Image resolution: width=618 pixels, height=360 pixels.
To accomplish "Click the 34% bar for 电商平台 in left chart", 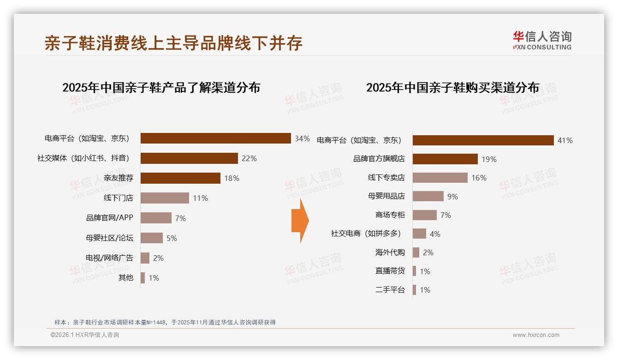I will click(x=215, y=138).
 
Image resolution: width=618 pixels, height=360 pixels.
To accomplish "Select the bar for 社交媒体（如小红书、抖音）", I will click(x=189, y=158).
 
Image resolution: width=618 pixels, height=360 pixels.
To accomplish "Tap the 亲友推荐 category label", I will click(x=119, y=178).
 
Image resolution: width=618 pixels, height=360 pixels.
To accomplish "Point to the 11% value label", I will click(x=200, y=198).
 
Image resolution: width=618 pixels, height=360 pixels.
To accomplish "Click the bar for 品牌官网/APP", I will click(x=156, y=218).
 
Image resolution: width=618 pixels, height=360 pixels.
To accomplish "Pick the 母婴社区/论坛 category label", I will click(x=109, y=238).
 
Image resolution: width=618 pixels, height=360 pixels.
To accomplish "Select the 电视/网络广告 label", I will click(x=109, y=258).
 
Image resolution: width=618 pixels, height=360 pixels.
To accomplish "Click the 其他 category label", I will click(x=125, y=278).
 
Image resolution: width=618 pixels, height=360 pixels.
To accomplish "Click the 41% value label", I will click(x=565, y=140).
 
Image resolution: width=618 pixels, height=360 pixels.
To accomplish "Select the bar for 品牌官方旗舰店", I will click(x=445, y=159).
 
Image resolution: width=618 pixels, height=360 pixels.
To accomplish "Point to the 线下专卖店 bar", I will click(x=440, y=178).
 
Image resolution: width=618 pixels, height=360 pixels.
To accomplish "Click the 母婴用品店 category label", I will click(x=386, y=197).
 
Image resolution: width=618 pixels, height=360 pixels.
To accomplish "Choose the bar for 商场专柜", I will click(x=424, y=215).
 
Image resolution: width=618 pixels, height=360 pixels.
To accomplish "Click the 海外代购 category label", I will click(x=390, y=252).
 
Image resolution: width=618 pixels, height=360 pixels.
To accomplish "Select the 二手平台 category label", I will click(x=390, y=290).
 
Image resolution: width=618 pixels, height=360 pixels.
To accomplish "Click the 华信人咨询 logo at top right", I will click(x=542, y=40).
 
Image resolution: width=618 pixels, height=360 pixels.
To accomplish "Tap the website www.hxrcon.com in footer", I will click(x=536, y=335).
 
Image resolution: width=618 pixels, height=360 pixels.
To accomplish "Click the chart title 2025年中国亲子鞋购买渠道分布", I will click(x=452, y=88).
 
